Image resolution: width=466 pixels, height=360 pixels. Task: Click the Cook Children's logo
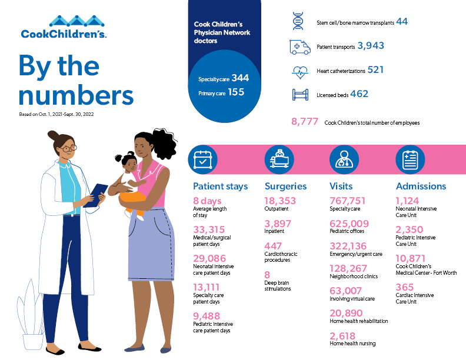pyautogui.click(x=64, y=28)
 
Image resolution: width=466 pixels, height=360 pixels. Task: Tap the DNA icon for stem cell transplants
pyautogui.click(x=299, y=21)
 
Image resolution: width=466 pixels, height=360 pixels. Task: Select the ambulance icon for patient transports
pyautogui.click(x=299, y=46)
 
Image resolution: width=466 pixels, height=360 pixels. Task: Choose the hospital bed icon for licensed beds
pyautogui.click(x=299, y=94)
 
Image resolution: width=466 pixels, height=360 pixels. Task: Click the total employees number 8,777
pyautogui.click(x=305, y=122)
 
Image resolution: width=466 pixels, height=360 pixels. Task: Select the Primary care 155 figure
pyautogui.click(x=236, y=92)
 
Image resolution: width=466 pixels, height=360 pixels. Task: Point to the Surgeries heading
pyautogui.click(x=285, y=186)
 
